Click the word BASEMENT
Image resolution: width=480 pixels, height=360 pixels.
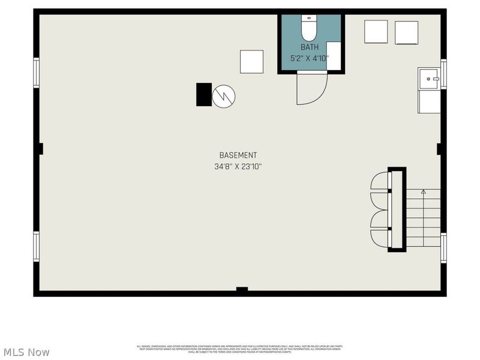(238, 155)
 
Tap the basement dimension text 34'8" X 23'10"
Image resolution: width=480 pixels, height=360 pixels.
(238, 167)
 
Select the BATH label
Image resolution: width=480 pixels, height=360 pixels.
(310, 47)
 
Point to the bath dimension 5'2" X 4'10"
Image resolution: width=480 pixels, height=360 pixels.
(310, 59)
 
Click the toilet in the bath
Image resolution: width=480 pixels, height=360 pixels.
(309, 27)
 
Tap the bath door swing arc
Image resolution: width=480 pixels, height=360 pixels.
(312, 89)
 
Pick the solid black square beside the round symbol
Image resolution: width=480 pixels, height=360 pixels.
(204, 94)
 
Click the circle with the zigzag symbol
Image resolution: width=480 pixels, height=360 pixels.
(224, 95)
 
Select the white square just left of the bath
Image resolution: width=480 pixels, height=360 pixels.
(251, 62)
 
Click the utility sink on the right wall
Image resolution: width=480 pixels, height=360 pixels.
(429, 79)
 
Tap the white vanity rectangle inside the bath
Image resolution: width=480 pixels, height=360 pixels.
(334, 56)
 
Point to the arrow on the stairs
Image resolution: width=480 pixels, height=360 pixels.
(423, 192)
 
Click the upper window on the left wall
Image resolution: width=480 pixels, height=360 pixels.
(37, 73)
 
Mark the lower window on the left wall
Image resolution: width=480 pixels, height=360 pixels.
(37, 247)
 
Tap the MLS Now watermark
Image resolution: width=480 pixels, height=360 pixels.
(26, 352)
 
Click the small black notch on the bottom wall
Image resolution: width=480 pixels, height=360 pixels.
(242, 290)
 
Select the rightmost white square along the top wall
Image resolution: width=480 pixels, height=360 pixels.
(406, 32)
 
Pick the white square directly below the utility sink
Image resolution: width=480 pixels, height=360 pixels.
(429, 101)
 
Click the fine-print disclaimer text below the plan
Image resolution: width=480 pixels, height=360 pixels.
(239, 349)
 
